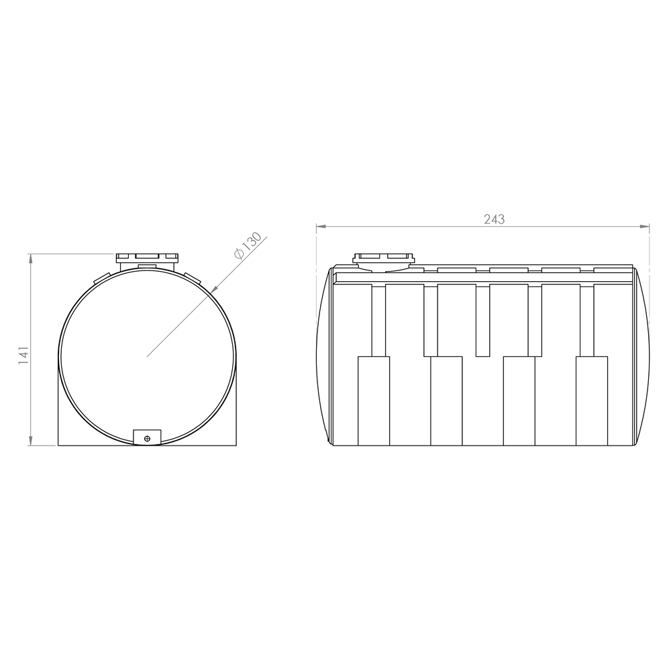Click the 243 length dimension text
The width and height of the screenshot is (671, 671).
click(x=495, y=219)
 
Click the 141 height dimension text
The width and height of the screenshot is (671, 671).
click(x=23, y=355)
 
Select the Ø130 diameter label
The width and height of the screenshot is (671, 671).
click(x=248, y=246)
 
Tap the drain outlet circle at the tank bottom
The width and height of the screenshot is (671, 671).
click(x=148, y=439)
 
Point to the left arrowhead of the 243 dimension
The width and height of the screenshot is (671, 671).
click(x=321, y=226)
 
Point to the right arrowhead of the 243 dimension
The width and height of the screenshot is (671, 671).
click(x=644, y=226)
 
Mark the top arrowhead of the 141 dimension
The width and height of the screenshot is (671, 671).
click(x=30, y=259)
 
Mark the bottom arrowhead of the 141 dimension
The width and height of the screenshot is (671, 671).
click(x=30, y=440)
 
